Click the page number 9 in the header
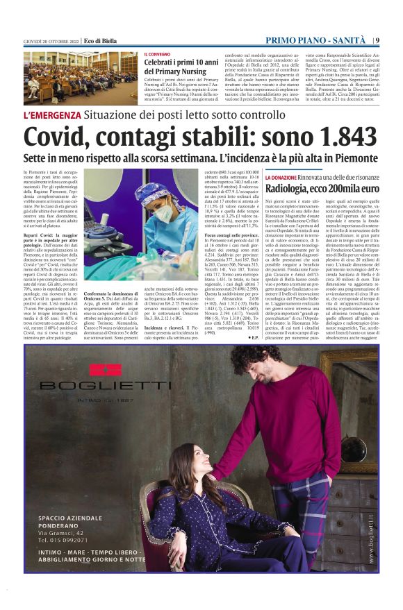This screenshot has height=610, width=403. pyautogui.click(x=377, y=40)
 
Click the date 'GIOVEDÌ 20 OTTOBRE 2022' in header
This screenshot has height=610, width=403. pyautogui.click(x=51, y=41)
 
